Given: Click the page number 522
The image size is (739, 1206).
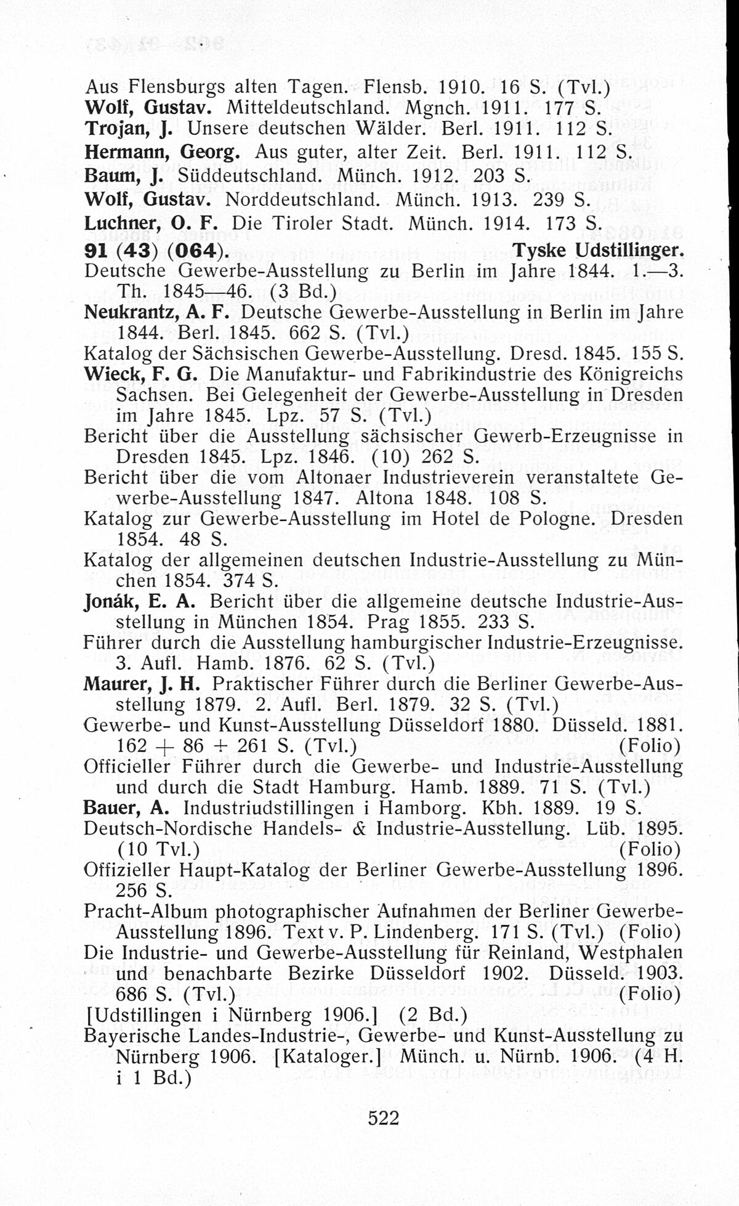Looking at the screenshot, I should tap(384, 1118).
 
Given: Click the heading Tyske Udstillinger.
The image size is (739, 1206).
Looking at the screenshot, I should tap(598, 250).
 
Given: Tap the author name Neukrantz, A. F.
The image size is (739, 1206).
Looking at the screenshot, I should tap(156, 312).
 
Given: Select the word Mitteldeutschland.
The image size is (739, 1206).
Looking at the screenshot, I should tap(307, 108).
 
